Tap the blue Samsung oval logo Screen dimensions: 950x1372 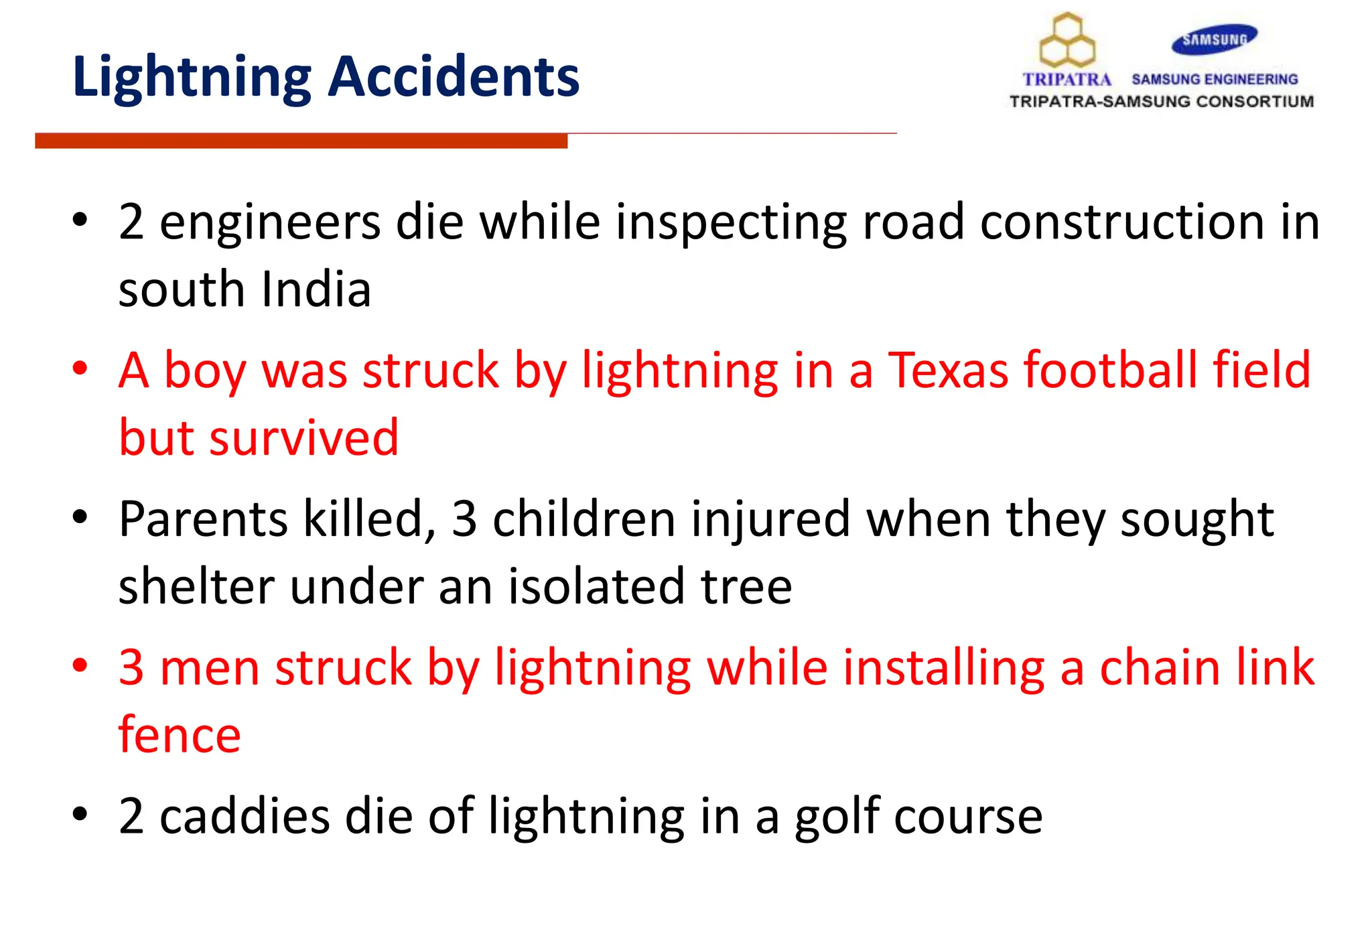(x=1214, y=40)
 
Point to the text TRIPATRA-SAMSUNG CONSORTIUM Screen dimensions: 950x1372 (x=1161, y=102)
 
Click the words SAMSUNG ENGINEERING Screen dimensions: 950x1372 (x=1215, y=79)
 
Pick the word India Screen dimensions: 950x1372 (x=316, y=289)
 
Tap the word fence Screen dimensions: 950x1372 (x=180, y=735)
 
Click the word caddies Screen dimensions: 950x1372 (x=245, y=816)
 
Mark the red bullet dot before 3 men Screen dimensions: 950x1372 (x=80, y=665)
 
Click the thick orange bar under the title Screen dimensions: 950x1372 (x=301, y=141)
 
